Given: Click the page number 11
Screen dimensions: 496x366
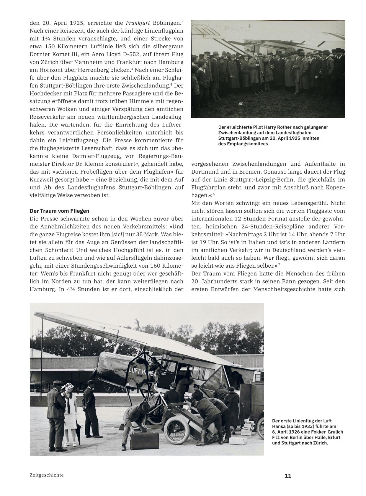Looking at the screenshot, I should [288, 476].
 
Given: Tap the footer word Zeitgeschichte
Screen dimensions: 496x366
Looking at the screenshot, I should [47, 475].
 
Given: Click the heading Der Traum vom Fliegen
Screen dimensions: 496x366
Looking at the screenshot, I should [59, 211].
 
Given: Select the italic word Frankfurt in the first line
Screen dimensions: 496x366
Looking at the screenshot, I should [138, 23].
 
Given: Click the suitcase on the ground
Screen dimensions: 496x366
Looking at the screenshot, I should [143, 440].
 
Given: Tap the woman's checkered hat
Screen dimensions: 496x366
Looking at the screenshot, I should [69, 387].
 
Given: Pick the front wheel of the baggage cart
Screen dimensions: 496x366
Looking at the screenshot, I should [174, 428].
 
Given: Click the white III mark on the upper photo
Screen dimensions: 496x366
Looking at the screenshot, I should [240, 104].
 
